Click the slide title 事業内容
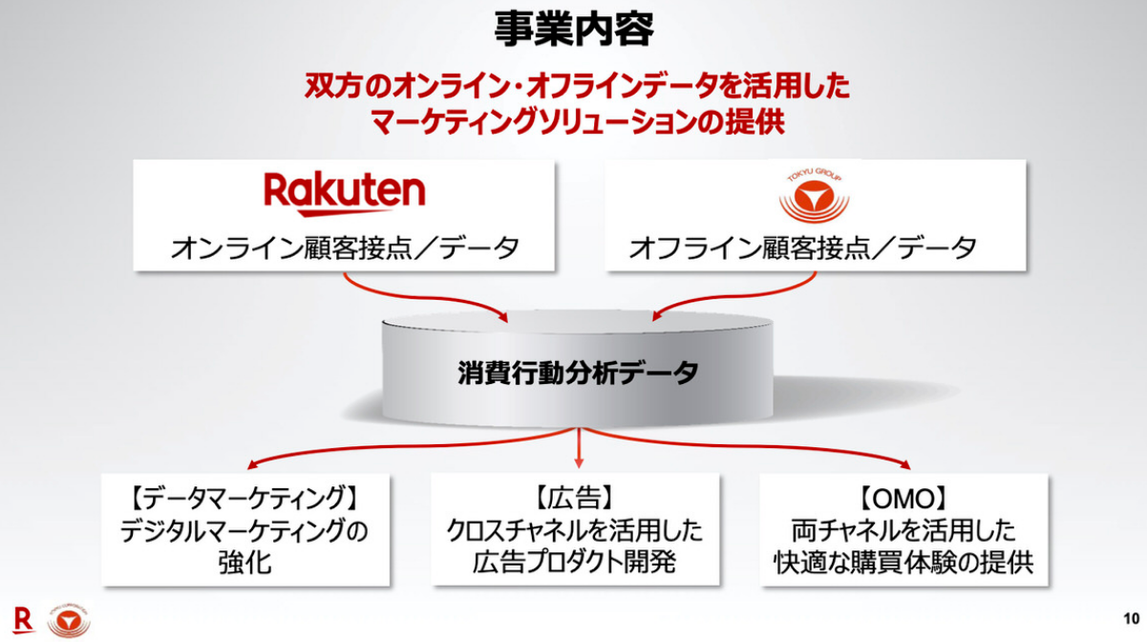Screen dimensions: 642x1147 pyautogui.click(x=574, y=31)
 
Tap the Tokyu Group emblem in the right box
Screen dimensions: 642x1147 pyautogui.click(x=814, y=195)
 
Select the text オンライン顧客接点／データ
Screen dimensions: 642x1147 pyautogui.click(x=345, y=248)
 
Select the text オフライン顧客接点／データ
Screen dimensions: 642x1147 pyautogui.click(x=802, y=248)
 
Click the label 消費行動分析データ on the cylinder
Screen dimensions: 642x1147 pyautogui.click(x=578, y=373)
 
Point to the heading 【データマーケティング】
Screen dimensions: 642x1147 pyautogui.click(x=244, y=499)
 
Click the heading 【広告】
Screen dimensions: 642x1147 pyautogui.click(x=574, y=499)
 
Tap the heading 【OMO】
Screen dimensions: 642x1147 pyautogui.click(x=903, y=499)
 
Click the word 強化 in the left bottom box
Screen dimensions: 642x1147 pyautogui.click(x=244, y=562)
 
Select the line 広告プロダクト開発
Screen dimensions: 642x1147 pyautogui.click(x=574, y=562)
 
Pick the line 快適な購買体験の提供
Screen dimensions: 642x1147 pyautogui.click(x=903, y=562)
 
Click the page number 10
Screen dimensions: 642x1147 pyautogui.click(x=1132, y=616)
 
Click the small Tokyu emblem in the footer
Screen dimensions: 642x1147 pyautogui.click(x=68, y=621)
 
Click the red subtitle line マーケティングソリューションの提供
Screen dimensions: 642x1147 pyautogui.click(x=577, y=122)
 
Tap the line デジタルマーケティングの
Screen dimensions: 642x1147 pyautogui.click(x=244, y=530)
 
